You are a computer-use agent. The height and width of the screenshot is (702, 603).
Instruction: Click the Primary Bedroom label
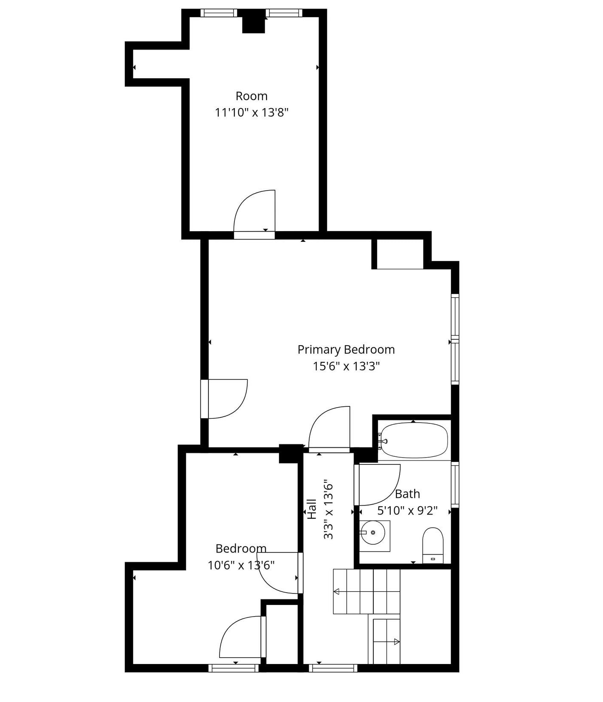[346, 350]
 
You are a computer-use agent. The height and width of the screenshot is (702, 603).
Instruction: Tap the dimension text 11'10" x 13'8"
[252, 113]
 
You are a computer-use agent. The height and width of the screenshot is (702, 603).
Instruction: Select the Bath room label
[407, 494]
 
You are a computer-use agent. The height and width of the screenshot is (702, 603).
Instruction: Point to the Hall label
[312, 509]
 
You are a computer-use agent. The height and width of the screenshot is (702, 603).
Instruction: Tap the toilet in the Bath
[433, 546]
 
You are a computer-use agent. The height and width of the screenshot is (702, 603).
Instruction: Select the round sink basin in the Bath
[372, 533]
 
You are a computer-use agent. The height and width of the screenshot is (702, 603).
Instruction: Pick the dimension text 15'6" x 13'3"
[346, 367]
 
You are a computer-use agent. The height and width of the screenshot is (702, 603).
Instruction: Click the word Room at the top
[252, 96]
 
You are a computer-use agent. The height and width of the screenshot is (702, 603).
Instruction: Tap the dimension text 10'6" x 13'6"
[241, 566]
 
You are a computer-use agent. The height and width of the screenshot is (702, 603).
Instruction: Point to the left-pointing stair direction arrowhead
[336, 592]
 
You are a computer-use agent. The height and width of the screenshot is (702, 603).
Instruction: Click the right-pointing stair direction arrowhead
[397, 641]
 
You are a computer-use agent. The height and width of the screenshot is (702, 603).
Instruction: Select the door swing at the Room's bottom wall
[255, 211]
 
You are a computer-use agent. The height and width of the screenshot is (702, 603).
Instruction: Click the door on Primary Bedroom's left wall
[224, 399]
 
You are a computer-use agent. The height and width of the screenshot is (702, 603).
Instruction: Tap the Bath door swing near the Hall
[378, 485]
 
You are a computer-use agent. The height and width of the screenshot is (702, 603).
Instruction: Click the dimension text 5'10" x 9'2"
[407, 511]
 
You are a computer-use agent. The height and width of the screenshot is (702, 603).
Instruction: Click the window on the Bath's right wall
[455, 485]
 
